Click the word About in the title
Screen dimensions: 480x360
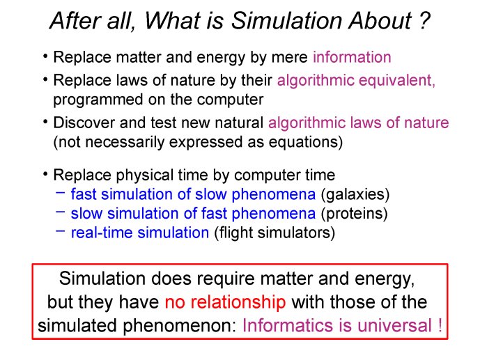pyautogui.click(x=380, y=21)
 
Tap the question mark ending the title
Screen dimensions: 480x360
pyautogui.click(x=424, y=21)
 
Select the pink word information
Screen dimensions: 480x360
pyautogui.click(x=352, y=57)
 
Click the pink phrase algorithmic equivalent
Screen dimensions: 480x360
pyautogui.click(x=356, y=80)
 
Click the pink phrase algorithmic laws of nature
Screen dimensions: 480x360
pyautogui.click(x=359, y=123)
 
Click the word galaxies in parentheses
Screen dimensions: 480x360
pyautogui.click(x=355, y=194)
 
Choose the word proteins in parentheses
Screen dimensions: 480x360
pyautogui.click(x=354, y=214)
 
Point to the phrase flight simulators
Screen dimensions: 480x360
pyautogui.click(x=274, y=233)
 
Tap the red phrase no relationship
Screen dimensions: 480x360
pyautogui.click(x=225, y=302)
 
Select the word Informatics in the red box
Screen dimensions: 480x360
pyautogui.click(x=288, y=325)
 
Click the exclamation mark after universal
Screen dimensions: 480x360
pyautogui.click(x=440, y=325)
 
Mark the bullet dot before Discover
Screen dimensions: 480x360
pyautogui.click(x=45, y=122)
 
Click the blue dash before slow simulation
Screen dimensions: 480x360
pyautogui.click(x=61, y=212)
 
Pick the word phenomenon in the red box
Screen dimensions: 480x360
pyautogui.click(x=180, y=326)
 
